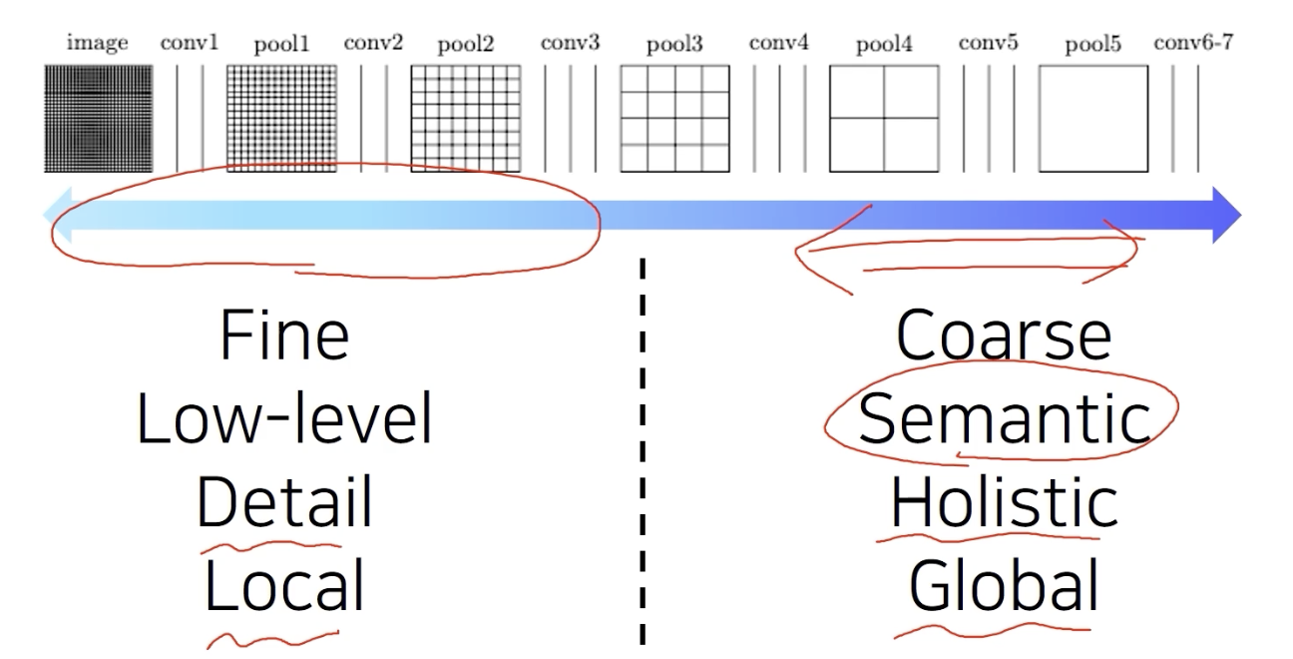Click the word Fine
coord(284,335)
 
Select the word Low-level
coord(284,418)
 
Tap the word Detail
coord(284,502)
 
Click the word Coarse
coord(1003,335)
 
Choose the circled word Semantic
coord(1003,418)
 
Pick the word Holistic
coord(1003,502)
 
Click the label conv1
coord(189,43)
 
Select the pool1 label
coord(281,44)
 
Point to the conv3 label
coord(570,43)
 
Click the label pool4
coord(884,44)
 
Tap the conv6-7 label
coord(1193,43)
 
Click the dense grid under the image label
coord(98,119)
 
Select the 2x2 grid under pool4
coord(884,119)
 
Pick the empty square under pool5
coord(1092,119)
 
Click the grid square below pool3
coord(674,119)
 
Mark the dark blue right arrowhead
coord(1226,214)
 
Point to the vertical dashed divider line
coord(642,449)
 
